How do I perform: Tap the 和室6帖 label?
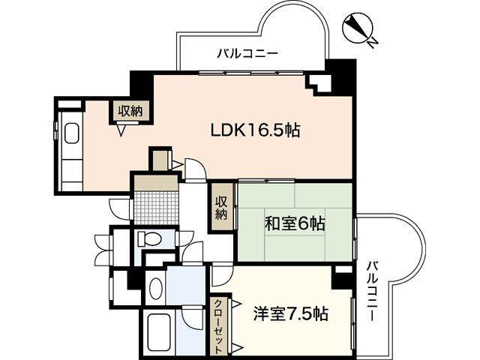294,223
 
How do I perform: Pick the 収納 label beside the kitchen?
130,111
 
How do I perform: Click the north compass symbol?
358,29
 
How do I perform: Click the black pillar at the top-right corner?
344,72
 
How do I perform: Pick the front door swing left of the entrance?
120,207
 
